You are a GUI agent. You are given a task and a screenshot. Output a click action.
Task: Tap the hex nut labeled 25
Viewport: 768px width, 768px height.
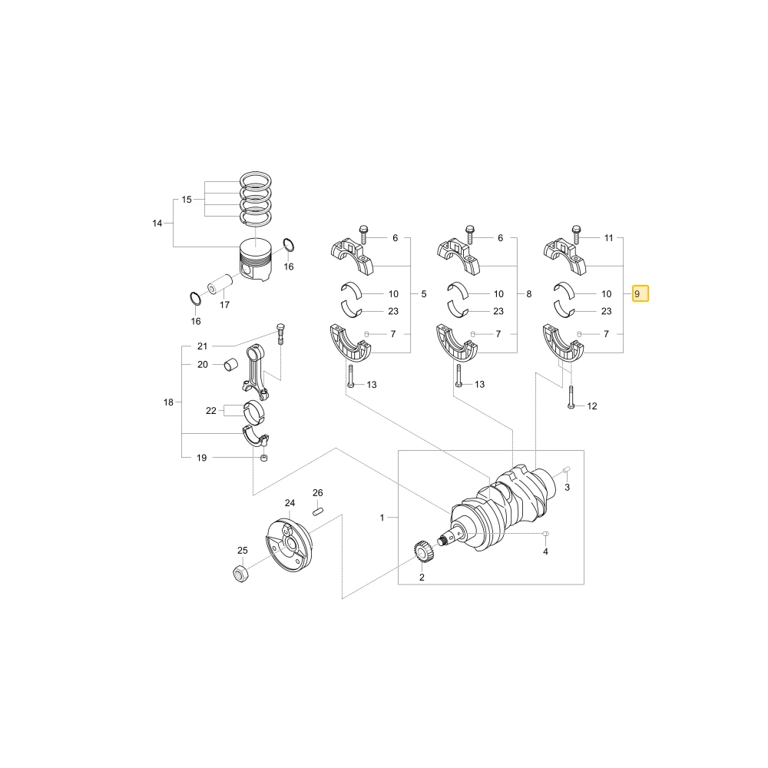tap(240, 573)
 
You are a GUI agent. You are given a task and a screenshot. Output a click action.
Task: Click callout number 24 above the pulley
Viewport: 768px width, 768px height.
tap(290, 503)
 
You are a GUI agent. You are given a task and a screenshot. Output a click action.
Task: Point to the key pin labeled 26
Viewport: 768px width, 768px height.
tap(318, 511)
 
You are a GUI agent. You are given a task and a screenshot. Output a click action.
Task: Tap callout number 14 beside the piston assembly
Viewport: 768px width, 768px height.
tap(157, 223)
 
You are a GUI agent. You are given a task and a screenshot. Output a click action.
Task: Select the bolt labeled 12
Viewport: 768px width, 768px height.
tap(571, 398)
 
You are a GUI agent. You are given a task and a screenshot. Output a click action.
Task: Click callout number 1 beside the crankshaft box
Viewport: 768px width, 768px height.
tap(382, 518)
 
